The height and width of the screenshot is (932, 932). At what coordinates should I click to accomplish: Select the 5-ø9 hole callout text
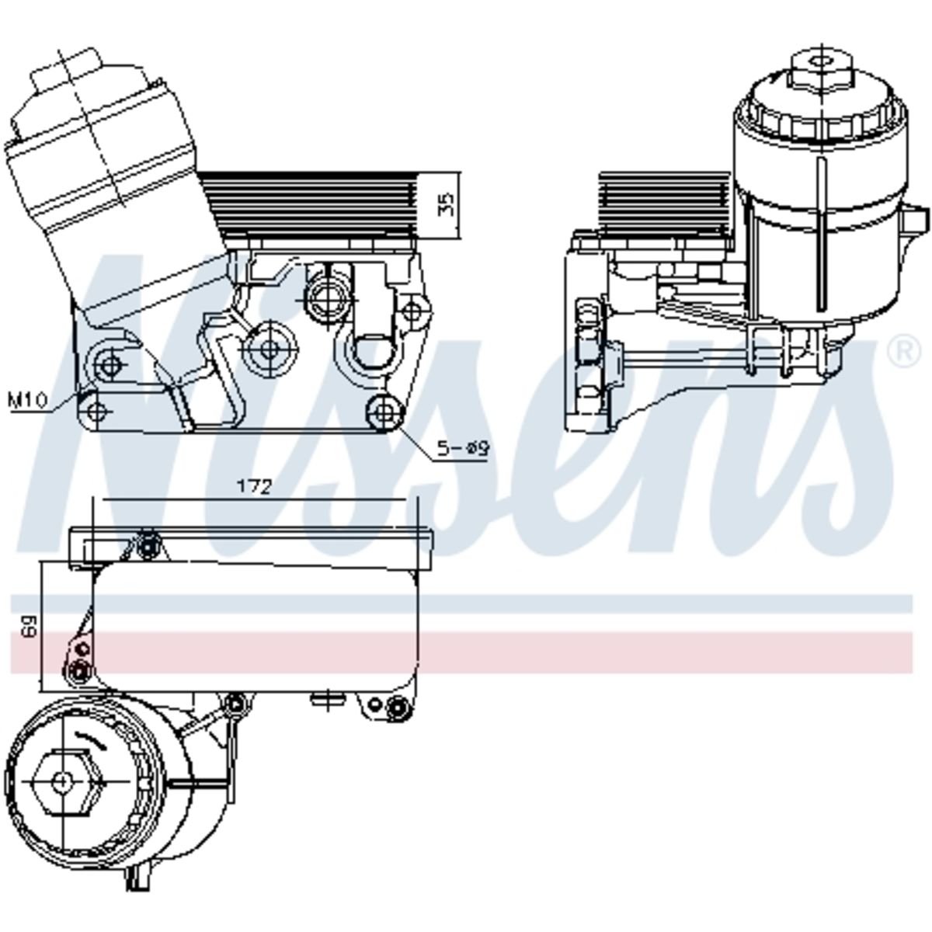click(464, 448)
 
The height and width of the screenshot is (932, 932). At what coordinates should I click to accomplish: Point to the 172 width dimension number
click(255, 487)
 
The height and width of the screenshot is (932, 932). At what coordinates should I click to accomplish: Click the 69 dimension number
click(30, 626)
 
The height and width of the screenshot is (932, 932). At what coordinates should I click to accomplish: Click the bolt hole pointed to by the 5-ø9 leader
click(384, 412)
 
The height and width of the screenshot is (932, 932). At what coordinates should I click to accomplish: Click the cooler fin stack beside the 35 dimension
click(311, 207)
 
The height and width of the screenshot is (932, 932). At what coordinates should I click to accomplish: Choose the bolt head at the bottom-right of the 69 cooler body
click(396, 709)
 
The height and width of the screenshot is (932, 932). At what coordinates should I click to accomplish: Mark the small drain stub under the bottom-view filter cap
click(141, 876)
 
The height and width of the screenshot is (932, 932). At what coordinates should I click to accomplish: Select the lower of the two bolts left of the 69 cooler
click(79, 670)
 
